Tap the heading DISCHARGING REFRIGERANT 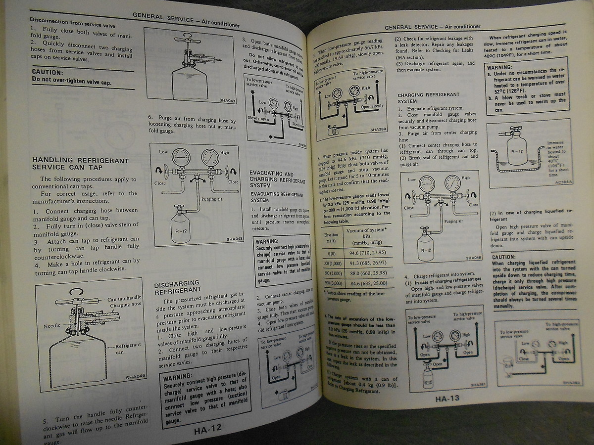[x=177, y=286]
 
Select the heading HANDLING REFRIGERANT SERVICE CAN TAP [x=80, y=164]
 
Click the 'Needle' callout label [x=52, y=326]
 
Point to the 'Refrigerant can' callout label [x=128, y=349]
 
